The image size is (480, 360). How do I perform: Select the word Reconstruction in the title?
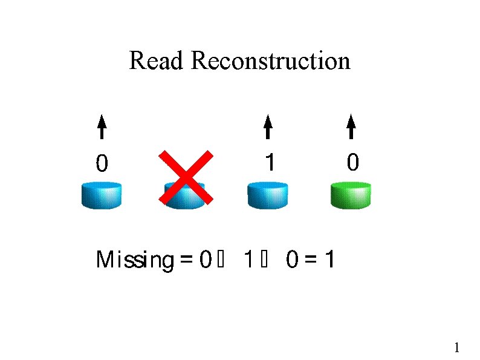click(x=270, y=61)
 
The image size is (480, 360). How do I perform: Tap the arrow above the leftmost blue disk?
click(x=102, y=128)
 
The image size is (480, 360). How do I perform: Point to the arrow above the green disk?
click(x=351, y=128)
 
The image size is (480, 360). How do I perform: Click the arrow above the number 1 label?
click(x=268, y=128)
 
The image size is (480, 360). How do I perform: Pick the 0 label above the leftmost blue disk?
click(x=102, y=163)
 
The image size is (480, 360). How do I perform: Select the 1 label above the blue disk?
click(x=270, y=162)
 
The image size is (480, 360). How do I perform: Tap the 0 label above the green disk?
click(x=352, y=162)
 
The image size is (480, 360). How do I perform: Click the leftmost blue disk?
click(x=102, y=195)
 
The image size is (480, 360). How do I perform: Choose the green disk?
click(x=351, y=195)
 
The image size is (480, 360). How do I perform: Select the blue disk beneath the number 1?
click(x=268, y=195)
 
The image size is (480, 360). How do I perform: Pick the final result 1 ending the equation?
click(x=330, y=260)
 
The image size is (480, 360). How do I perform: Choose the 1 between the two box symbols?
click(x=247, y=260)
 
